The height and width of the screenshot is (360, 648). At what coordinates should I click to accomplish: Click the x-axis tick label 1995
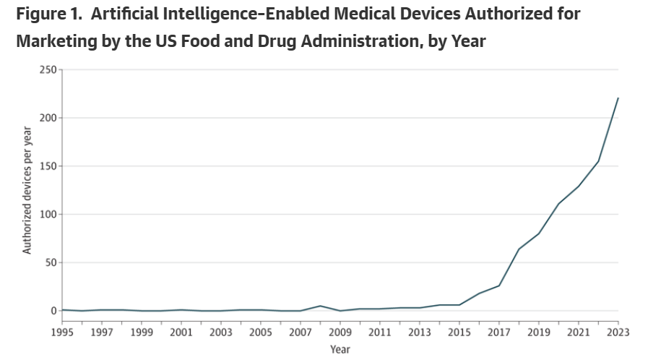tap(63, 332)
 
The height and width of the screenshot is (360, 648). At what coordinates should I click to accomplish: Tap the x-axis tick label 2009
tap(340, 332)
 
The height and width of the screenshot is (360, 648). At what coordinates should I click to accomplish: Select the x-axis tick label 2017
tap(499, 332)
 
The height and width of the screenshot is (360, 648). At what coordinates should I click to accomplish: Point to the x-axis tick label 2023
tap(618, 332)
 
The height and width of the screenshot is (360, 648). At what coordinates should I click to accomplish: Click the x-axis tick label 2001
tap(182, 332)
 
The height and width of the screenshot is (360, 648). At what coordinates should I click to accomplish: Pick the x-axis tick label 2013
tap(420, 332)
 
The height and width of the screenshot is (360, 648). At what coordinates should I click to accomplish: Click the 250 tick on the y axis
tap(48, 69)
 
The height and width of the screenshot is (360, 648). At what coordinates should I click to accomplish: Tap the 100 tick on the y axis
tap(48, 215)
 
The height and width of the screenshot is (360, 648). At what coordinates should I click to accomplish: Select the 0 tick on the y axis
tap(53, 311)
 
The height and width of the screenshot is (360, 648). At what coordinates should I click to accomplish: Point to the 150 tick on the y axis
tap(48, 166)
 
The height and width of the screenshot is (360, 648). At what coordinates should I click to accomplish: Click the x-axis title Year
tap(340, 349)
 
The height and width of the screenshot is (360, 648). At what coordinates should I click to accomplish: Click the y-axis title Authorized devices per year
tap(27, 190)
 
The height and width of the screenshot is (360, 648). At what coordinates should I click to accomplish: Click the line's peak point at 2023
tap(618, 98)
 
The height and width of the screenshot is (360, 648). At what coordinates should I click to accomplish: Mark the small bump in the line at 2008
tap(321, 306)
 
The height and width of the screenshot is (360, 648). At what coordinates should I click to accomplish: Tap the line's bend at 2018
tap(519, 249)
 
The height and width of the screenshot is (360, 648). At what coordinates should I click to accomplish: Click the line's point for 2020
tap(558, 203)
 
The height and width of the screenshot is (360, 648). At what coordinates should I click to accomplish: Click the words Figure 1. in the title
tap(53, 14)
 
